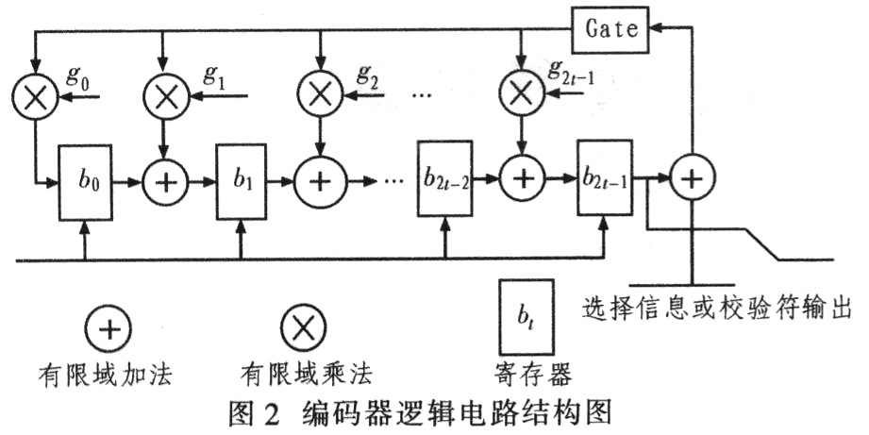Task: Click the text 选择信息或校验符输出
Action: (x=716, y=308)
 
